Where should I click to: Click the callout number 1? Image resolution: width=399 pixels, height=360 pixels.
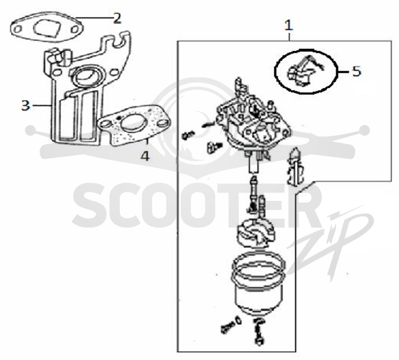pyautogui.click(x=289, y=26)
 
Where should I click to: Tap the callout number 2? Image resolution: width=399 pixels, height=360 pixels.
pyautogui.click(x=117, y=18)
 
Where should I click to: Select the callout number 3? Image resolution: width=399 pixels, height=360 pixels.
pyautogui.click(x=25, y=105)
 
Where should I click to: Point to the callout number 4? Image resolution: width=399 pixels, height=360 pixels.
pyautogui.click(x=145, y=156)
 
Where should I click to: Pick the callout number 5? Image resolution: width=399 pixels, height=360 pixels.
pyautogui.click(x=357, y=71)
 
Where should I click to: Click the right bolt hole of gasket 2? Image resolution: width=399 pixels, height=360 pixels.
pyautogui.click(x=75, y=29)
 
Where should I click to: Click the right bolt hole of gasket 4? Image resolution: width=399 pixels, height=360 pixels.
pyautogui.click(x=164, y=124)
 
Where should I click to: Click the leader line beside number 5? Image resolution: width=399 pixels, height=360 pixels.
pyautogui.click(x=344, y=72)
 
